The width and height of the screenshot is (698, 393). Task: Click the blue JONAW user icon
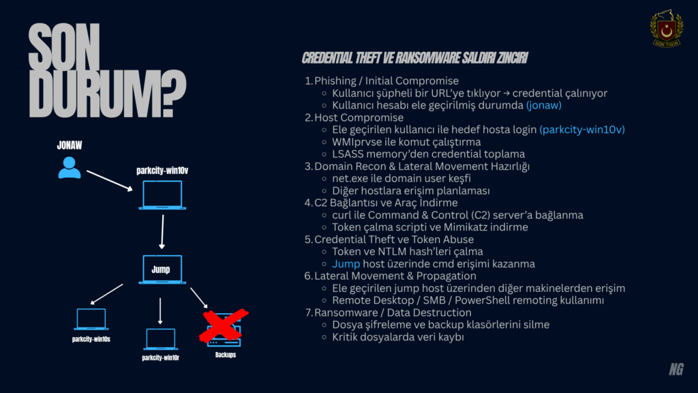click(70, 168)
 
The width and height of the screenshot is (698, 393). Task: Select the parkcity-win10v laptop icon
click(162, 195)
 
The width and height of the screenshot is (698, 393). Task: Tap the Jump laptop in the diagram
click(162, 269)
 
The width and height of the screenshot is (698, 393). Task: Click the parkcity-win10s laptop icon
click(91, 319)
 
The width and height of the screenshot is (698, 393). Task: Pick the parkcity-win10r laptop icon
click(161, 339)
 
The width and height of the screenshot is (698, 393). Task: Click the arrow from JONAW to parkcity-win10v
click(110, 180)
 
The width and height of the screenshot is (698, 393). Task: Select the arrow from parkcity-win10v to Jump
click(162, 232)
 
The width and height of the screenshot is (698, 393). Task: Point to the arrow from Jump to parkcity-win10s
click(106, 294)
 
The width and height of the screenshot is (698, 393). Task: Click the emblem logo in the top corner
click(667, 29)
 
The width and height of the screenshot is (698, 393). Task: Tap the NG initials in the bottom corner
click(676, 369)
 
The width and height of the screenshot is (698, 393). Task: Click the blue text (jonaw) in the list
click(543, 105)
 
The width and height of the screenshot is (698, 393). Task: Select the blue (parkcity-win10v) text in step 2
click(582, 130)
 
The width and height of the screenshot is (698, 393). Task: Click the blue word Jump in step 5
click(346, 264)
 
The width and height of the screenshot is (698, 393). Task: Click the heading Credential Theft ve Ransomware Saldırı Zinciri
click(415, 58)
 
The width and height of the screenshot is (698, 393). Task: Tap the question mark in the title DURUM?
click(172, 93)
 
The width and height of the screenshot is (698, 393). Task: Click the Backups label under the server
click(225, 355)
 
